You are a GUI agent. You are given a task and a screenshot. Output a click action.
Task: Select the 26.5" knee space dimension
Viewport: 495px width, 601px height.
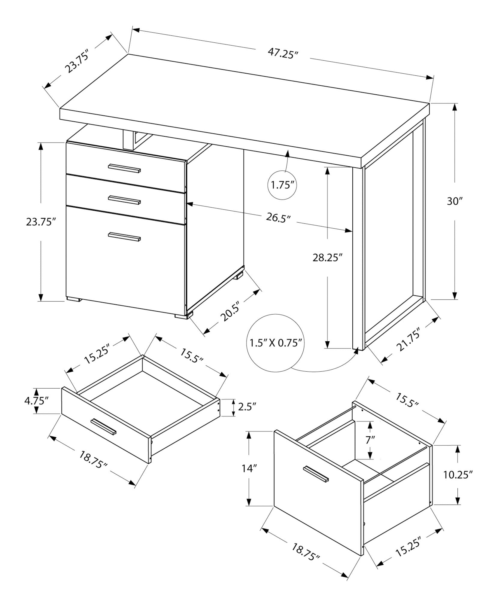point(278,217)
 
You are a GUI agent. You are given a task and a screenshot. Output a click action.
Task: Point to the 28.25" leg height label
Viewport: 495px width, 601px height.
point(327,258)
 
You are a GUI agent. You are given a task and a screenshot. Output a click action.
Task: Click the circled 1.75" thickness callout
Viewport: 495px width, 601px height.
point(282,185)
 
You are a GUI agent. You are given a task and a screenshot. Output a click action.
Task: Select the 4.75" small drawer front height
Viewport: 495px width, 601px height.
point(36,401)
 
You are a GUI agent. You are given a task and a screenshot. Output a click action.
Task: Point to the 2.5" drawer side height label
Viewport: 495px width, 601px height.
point(247,407)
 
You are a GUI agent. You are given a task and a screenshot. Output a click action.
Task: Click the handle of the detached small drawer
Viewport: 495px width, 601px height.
point(104,426)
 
